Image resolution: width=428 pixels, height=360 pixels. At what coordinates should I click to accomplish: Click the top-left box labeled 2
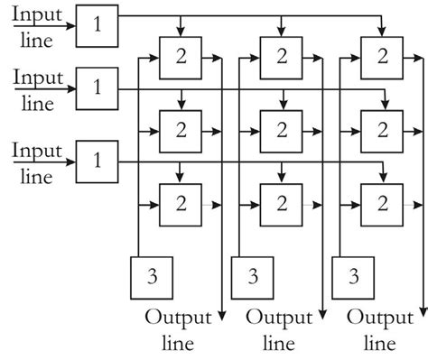pyautogui.click(x=179, y=56)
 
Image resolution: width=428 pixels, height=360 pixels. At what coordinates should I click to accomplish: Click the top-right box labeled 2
pyautogui.click(x=381, y=56)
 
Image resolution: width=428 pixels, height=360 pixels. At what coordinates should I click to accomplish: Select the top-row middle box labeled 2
pyautogui.click(x=280, y=56)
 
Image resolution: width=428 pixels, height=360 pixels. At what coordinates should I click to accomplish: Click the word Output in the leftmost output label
pyautogui.click(x=178, y=318)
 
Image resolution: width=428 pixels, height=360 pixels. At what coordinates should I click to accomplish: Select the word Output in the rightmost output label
pyautogui.click(x=380, y=318)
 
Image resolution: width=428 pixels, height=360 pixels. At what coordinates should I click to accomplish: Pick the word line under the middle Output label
pyautogui.click(x=279, y=344)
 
